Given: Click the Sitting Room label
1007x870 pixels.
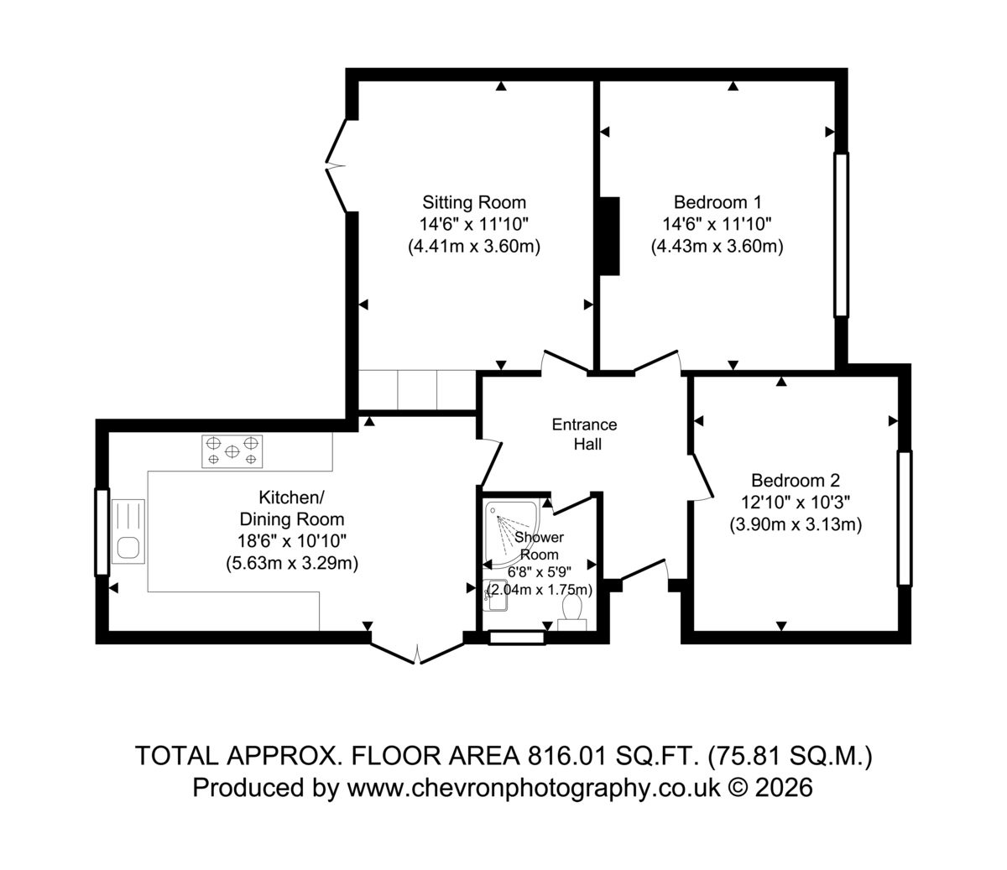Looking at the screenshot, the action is click(474, 202).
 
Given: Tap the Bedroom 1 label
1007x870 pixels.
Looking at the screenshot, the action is click(717, 202).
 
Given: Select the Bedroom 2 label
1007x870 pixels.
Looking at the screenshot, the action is click(796, 480).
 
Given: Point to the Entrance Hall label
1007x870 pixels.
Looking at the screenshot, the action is click(585, 434).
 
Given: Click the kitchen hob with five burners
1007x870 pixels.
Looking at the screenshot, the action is click(232, 451).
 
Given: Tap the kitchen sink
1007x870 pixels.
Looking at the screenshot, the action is click(128, 531).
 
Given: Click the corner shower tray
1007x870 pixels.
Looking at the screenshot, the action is click(512, 534).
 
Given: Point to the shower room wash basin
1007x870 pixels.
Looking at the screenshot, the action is click(495, 595).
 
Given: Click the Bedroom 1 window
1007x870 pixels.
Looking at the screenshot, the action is click(842, 235).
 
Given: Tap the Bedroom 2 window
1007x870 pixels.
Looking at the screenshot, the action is click(905, 518).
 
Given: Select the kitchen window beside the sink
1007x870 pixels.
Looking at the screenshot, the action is click(102, 532).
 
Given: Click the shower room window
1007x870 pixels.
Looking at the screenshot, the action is click(517, 638).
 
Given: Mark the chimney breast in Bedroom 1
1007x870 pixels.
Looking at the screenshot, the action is click(609, 237).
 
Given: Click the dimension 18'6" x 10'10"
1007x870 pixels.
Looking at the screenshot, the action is click(292, 541).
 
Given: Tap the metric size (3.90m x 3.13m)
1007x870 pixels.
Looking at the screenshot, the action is click(796, 524).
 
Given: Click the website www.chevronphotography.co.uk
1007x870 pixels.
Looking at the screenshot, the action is click(534, 788).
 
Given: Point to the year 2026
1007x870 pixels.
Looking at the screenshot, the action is click(784, 788).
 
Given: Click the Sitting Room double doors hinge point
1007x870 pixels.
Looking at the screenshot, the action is click(326, 165).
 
